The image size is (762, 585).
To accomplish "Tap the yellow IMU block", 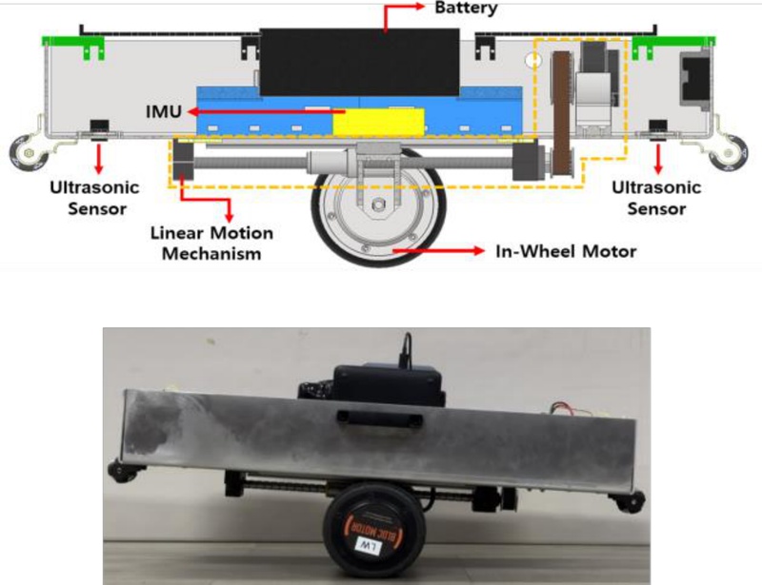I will pyautogui.click(x=375, y=123).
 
